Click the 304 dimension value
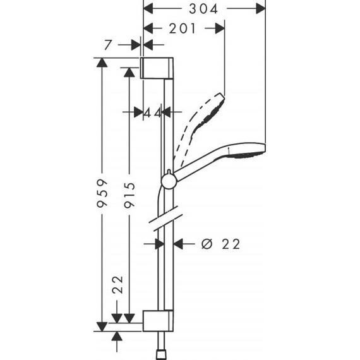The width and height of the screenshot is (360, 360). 202,9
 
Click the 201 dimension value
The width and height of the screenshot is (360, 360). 181,28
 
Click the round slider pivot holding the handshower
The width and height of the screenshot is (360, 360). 169,182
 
